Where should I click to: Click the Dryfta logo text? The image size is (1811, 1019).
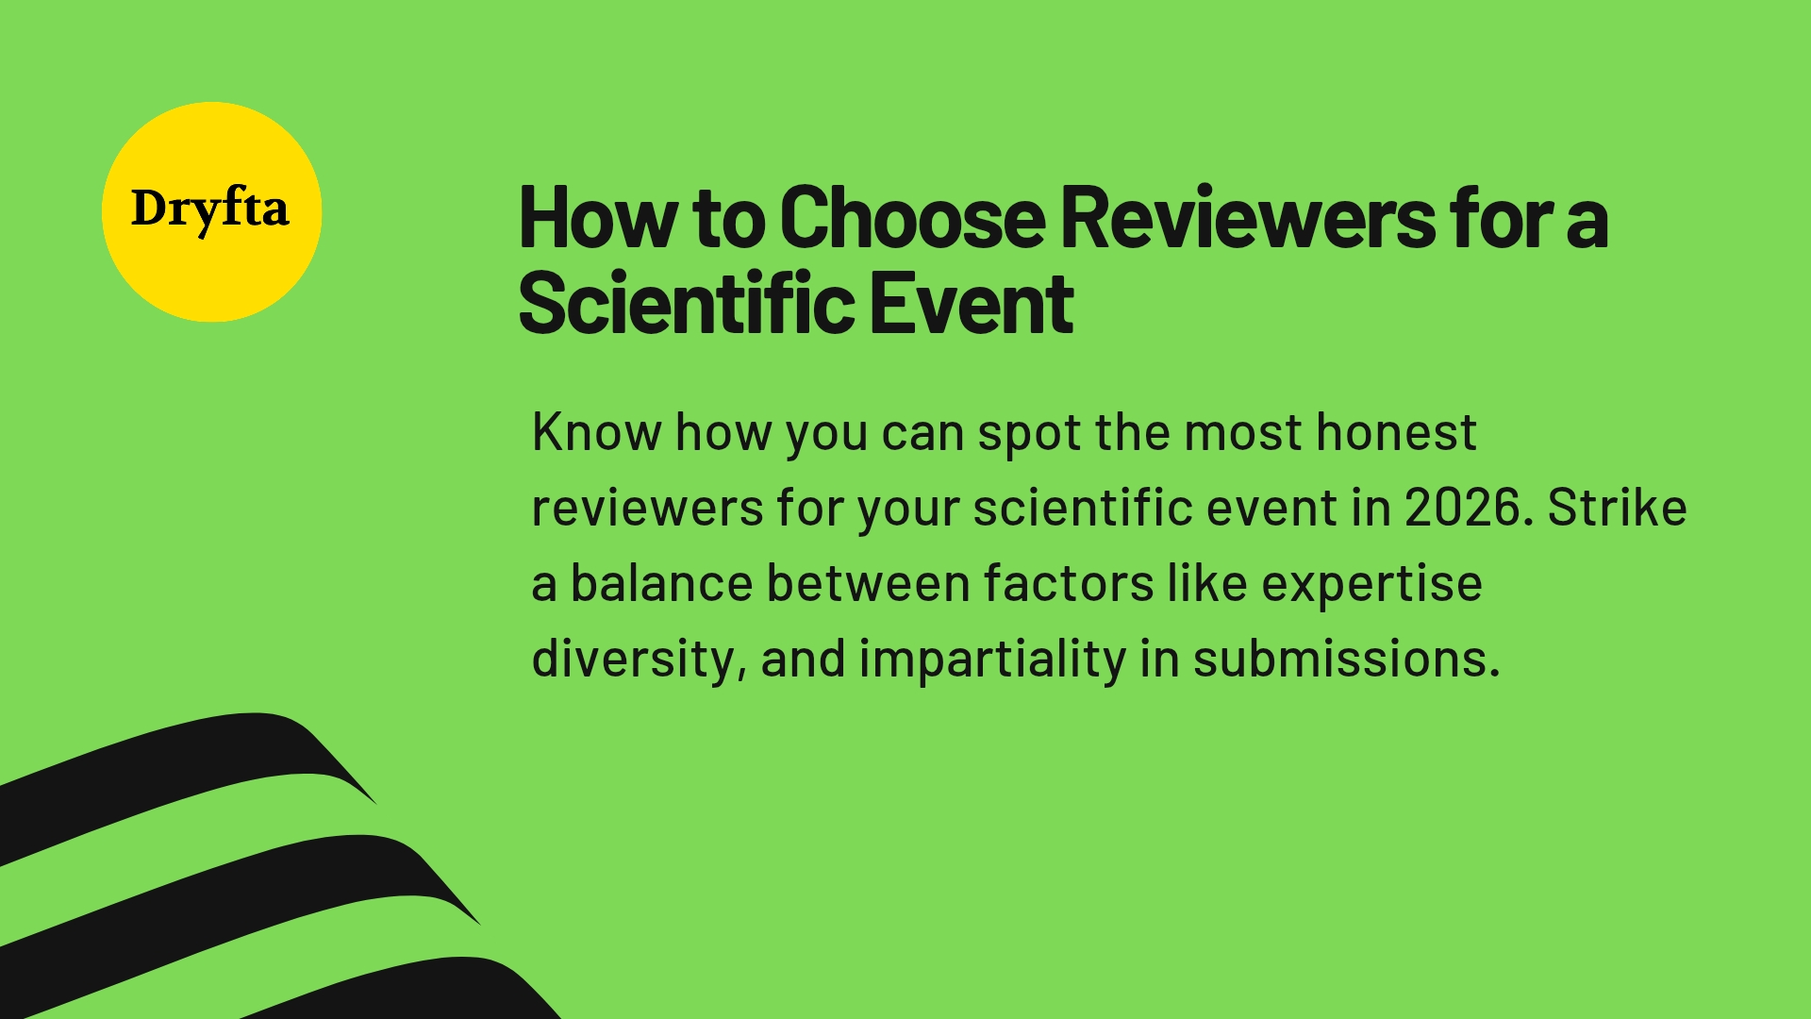pos(209,209)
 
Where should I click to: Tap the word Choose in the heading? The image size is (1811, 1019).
pos(912,219)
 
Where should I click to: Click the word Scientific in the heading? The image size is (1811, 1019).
pos(686,304)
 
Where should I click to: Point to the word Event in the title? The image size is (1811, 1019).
pos(972,304)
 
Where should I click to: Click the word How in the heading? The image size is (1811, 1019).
pos(597,219)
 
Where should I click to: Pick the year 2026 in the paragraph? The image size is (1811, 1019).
pos(1463,508)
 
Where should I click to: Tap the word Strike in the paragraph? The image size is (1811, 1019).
pos(1617,508)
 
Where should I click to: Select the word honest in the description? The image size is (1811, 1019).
pos(1396,433)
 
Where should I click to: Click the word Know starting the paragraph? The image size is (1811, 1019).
pos(597,433)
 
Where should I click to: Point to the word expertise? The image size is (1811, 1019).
pos(1371,584)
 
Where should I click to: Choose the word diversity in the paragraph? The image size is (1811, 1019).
pos(632,659)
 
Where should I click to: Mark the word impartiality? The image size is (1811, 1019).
pos(992,659)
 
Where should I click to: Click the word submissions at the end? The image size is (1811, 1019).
pos(1345,659)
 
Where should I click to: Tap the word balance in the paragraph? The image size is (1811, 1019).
pos(661,584)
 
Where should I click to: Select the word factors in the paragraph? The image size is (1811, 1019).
pos(1068,584)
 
